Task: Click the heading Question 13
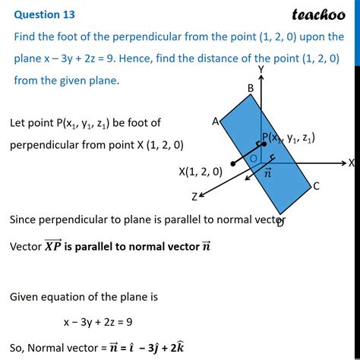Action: click(x=37, y=14)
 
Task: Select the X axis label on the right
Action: click(x=352, y=163)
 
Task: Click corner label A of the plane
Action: click(x=216, y=122)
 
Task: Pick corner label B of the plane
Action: click(x=250, y=88)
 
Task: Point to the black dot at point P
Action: click(x=264, y=144)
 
